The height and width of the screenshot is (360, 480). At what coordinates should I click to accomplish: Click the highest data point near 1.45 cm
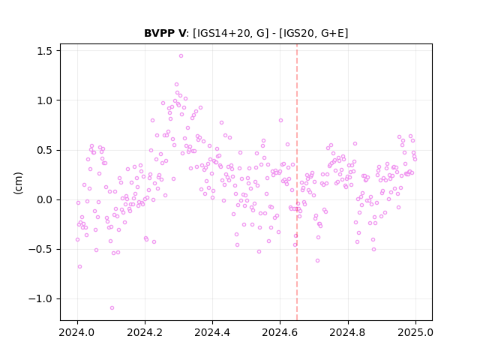pyautogui.click(x=181, y=55)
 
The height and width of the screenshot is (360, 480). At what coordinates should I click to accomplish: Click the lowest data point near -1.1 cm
pyautogui.click(x=112, y=307)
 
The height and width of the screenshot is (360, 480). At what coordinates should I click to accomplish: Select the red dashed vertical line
pyautogui.click(x=297, y=182)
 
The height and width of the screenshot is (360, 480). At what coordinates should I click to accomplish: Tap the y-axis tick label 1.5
pyautogui.click(x=44, y=51)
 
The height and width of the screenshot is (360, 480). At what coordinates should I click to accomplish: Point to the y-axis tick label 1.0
pyautogui.click(x=44, y=100)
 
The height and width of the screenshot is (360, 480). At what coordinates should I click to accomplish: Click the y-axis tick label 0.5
pyautogui.click(x=44, y=150)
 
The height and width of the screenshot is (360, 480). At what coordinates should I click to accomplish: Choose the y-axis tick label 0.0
pyautogui.click(x=44, y=199)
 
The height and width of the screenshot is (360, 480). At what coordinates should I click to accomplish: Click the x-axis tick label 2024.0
pyautogui.click(x=77, y=332)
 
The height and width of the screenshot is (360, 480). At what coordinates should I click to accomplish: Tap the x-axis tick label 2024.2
pyautogui.click(x=145, y=332)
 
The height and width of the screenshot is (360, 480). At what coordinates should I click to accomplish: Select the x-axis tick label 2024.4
pyautogui.click(x=212, y=332)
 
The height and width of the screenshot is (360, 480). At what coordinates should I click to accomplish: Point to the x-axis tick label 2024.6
pyautogui.click(x=280, y=332)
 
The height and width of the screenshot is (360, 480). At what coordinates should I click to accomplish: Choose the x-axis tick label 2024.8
pyautogui.click(x=348, y=332)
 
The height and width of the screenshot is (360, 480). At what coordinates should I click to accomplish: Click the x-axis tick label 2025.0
pyautogui.click(x=415, y=332)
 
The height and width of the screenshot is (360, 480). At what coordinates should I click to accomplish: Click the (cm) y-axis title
pyautogui.click(x=18, y=183)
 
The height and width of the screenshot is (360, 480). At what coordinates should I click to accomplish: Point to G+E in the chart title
pyautogui.click(x=332, y=33)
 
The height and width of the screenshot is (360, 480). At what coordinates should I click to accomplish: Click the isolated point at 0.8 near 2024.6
pyautogui.click(x=280, y=120)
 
